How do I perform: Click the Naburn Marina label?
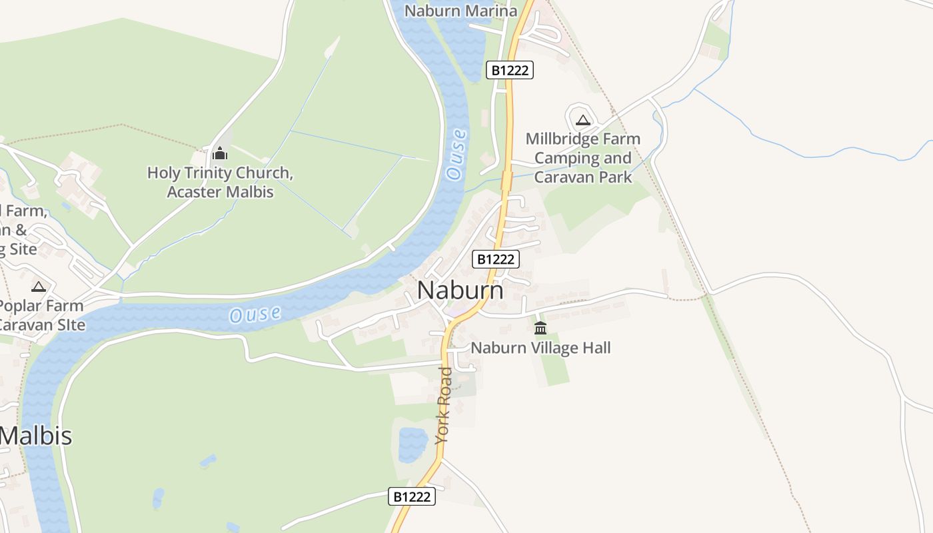click(461, 11)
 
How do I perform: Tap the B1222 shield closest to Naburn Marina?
click(510, 70)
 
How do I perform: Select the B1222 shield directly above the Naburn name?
click(495, 259)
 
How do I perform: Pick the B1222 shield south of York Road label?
click(412, 496)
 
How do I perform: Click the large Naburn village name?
click(460, 291)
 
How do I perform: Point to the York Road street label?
click(445, 404)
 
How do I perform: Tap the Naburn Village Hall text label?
click(540, 348)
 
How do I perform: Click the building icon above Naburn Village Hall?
click(540, 328)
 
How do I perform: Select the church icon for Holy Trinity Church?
click(220, 154)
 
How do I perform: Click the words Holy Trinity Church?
click(220, 173)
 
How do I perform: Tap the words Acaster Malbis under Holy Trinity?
click(220, 192)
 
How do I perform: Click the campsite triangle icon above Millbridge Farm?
click(583, 120)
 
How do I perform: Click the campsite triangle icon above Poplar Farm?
click(39, 286)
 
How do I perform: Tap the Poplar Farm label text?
click(41, 306)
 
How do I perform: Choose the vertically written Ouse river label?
click(457, 155)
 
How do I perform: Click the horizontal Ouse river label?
click(255, 314)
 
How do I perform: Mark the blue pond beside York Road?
click(413, 445)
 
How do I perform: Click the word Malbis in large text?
click(36, 436)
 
